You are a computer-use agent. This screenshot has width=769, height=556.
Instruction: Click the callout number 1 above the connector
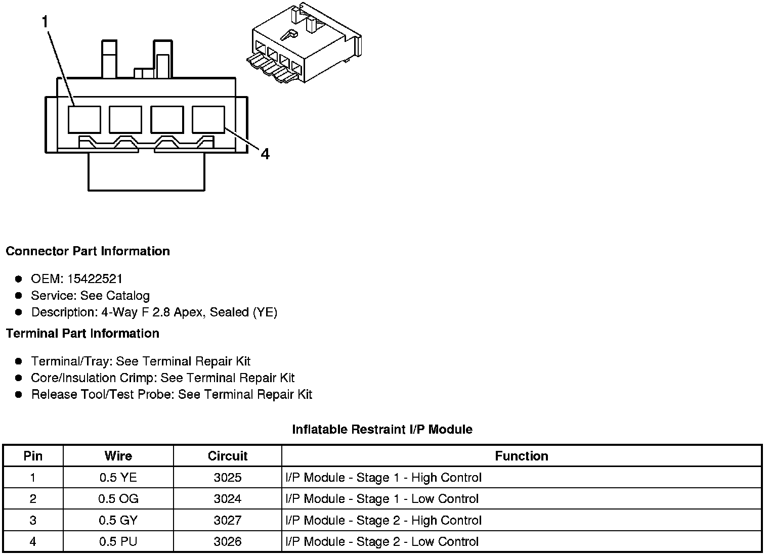tap(45, 22)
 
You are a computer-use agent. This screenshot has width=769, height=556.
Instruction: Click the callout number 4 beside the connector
tap(265, 154)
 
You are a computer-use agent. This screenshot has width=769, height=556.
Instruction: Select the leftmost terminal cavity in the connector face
tap(84, 120)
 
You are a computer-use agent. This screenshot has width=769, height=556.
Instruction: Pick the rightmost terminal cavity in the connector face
tap(208, 120)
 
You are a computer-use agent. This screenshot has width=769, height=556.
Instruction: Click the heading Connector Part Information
tap(88, 251)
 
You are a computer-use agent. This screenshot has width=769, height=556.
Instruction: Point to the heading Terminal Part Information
tap(82, 334)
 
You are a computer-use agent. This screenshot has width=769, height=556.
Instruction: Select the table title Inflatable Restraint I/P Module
tap(382, 430)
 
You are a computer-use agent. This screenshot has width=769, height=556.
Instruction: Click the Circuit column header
tap(228, 456)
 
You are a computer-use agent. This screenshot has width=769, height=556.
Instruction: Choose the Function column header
tap(521, 456)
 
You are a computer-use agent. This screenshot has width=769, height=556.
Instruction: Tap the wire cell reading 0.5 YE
tap(118, 478)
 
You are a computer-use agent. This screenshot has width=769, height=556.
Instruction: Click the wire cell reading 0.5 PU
tap(118, 542)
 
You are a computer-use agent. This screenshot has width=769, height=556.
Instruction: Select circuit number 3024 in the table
tap(228, 499)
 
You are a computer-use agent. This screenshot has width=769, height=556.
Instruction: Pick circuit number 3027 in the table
tap(228, 521)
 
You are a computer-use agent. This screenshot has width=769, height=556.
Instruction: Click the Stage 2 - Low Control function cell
tap(382, 542)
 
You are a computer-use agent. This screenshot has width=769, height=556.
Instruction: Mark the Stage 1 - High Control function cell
tap(383, 478)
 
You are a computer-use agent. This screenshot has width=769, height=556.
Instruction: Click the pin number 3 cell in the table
tap(33, 521)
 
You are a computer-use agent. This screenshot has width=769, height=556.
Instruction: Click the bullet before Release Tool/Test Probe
tap(19, 394)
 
